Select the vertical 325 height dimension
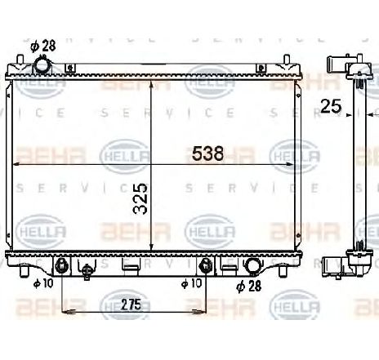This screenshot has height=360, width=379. (x=140, y=198)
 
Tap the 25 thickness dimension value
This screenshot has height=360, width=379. (x=331, y=104)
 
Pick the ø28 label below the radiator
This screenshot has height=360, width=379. (x=248, y=286)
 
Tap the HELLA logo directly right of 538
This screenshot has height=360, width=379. (x=291, y=152)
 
